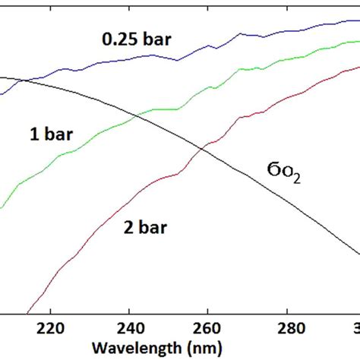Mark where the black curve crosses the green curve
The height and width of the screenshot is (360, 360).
point(136,116)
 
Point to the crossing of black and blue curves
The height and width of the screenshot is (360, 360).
point(23,81)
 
